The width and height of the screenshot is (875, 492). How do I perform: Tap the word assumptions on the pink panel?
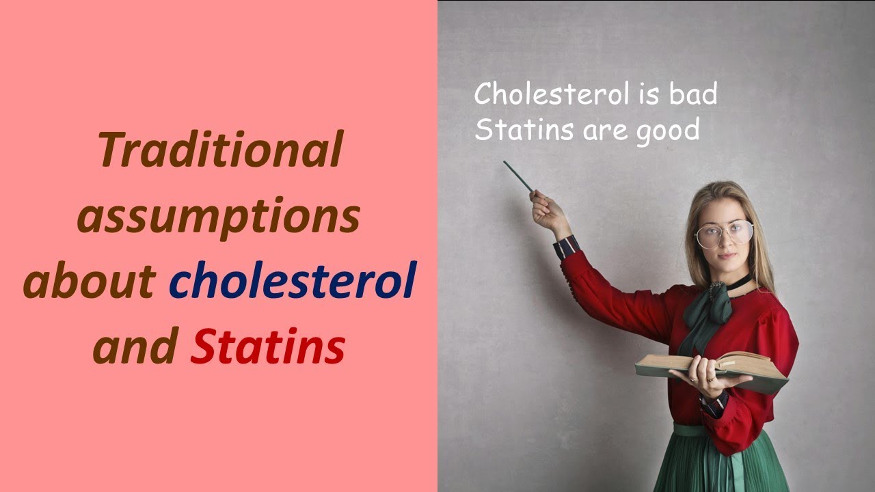click(218, 217)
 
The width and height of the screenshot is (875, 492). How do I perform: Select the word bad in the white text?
click(692, 94)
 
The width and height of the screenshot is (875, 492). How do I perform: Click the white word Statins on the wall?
click(524, 129)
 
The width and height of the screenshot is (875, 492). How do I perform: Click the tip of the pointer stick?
click(506, 163)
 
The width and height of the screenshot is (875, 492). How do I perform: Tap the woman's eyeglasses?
click(724, 234)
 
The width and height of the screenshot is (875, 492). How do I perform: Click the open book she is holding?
click(711, 365)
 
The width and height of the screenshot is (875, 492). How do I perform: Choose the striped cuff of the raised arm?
click(567, 247)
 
